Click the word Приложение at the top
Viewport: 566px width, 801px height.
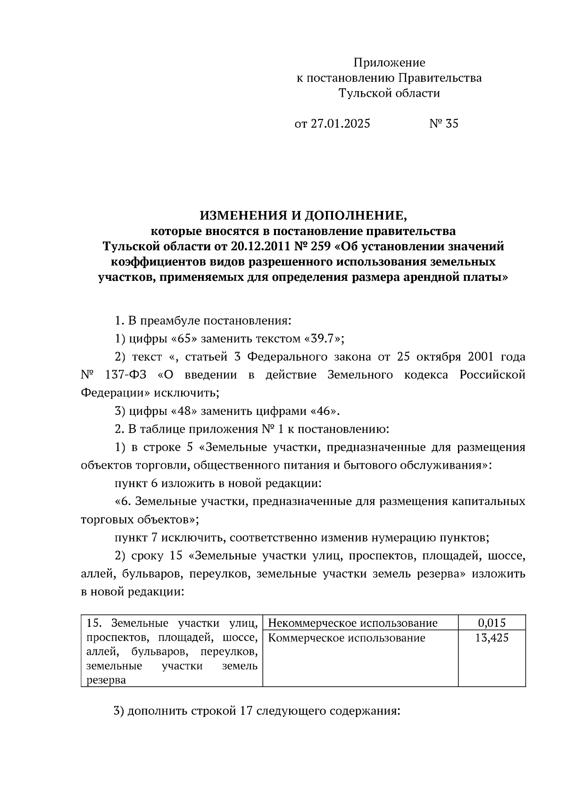(389, 63)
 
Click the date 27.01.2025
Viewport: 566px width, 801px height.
(340, 124)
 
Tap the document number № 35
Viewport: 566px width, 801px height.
(443, 124)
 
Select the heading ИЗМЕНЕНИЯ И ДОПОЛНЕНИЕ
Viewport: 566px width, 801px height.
(303, 216)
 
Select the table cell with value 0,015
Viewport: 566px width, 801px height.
(491, 623)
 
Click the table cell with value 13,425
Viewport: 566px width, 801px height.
(491, 638)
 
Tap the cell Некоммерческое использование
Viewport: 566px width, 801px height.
(352, 623)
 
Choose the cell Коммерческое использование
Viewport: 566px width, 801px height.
(346, 638)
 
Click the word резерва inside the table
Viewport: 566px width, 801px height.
(106, 681)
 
